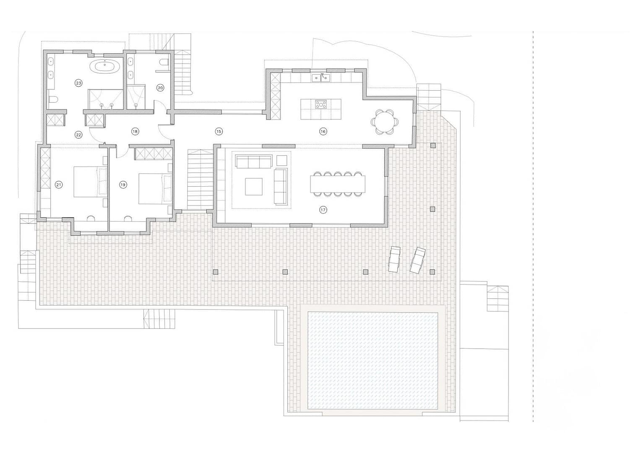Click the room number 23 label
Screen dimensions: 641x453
pyautogui.click(x=78, y=83)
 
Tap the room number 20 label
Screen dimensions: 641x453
pyautogui.click(x=160, y=88)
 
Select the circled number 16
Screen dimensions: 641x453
pyautogui.click(x=323, y=132)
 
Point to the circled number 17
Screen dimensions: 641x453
pyautogui.click(x=323, y=210)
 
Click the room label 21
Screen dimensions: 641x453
pyautogui.click(x=59, y=185)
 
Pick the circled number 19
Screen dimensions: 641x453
pyautogui.click(x=123, y=185)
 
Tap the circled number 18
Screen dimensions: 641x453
pyautogui.click(x=135, y=132)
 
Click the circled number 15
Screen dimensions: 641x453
pyautogui.click(x=219, y=132)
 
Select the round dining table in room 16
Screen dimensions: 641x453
pyautogui.click(x=385, y=121)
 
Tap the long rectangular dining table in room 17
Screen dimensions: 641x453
pyautogui.click(x=338, y=184)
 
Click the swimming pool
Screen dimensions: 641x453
pyautogui.click(x=373, y=361)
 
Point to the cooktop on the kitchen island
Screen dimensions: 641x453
pyautogui.click(x=321, y=104)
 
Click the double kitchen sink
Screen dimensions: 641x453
pyautogui.click(x=321, y=78)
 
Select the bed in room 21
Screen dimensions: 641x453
pyautogui.click(x=91, y=182)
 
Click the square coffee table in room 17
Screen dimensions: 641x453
pyautogui.click(x=254, y=187)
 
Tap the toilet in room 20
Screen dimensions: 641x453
pyautogui.click(x=164, y=62)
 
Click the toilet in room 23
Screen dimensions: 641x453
pyautogui.click(x=54, y=100)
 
